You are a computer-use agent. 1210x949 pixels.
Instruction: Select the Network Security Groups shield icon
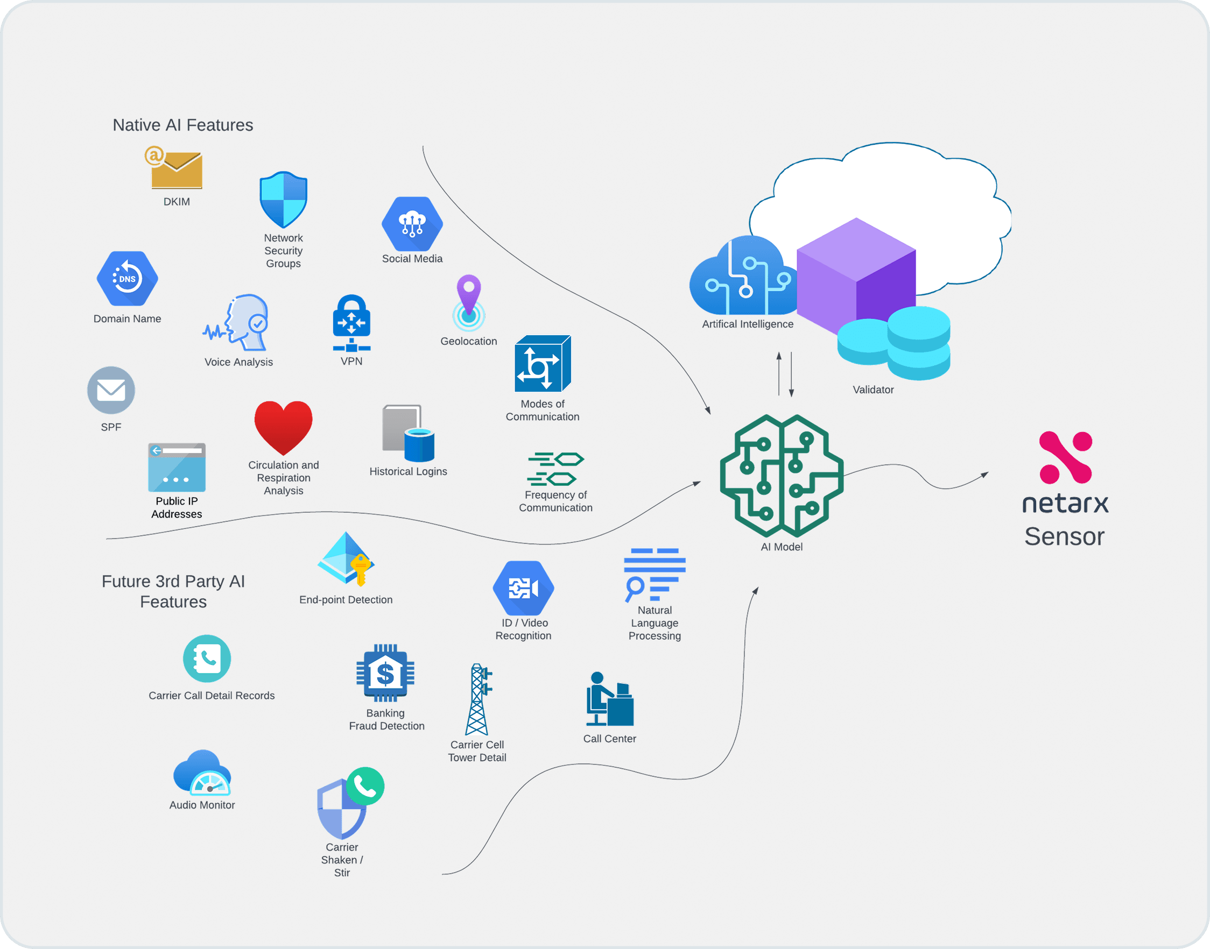[284, 200]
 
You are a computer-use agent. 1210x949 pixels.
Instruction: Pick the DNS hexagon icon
[127, 278]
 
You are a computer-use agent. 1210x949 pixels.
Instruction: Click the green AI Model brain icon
[782, 476]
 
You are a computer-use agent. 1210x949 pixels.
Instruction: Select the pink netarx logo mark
[1066, 457]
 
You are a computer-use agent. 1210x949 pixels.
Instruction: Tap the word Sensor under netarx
[1064, 537]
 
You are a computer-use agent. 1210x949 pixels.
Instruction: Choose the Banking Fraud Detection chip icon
[385, 673]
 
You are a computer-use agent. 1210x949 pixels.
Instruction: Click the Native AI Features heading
[183, 125]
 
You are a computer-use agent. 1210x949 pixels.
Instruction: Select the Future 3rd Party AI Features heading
[173, 591]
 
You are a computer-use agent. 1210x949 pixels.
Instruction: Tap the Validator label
[873, 389]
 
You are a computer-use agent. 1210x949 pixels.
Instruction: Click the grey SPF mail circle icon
[111, 390]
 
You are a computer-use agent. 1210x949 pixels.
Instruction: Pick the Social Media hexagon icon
[412, 224]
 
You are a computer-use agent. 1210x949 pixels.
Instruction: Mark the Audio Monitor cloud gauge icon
[202, 773]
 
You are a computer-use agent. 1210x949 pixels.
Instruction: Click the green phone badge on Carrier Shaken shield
[365, 785]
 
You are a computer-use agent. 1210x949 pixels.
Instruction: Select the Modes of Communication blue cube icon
[543, 364]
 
